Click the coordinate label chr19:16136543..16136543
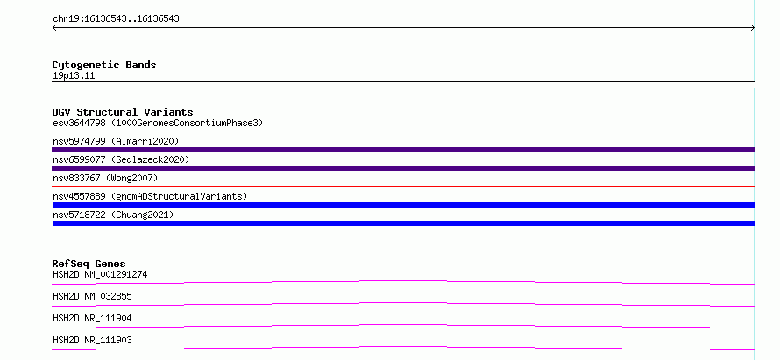tap(116, 19)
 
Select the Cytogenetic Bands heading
tap(104, 65)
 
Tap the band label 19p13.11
tap(74, 76)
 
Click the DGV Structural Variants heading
tap(123, 112)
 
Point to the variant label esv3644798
tap(79, 123)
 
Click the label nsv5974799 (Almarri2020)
tap(116, 141)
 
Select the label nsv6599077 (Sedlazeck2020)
tap(121, 159)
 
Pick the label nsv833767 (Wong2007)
tap(105, 178)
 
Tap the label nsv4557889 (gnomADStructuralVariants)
tap(150, 196)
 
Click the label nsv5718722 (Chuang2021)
tap(113, 215)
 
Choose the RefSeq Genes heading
tap(89, 264)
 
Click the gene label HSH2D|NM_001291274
tap(100, 274)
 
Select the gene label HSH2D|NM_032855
tap(92, 296)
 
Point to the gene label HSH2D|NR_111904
tap(92, 318)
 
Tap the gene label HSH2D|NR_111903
tap(92, 340)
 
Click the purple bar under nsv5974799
tap(403, 150)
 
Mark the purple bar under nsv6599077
tap(403, 168)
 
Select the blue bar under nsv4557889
tap(403, 205)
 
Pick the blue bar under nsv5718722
tap(403, 223)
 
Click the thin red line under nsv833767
tap(403, 186)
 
